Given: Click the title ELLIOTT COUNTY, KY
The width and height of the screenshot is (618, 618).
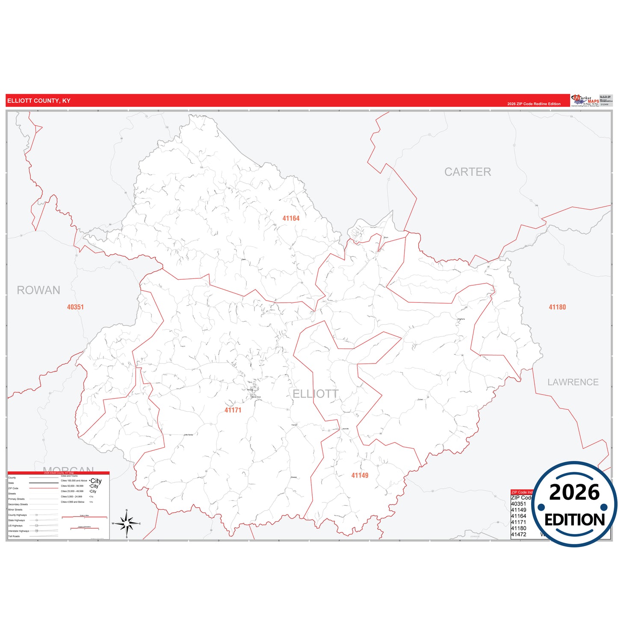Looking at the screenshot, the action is pyautogui.click(x=38, y=101).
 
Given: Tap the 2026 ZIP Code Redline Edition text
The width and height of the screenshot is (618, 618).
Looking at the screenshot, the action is pyautogui.click(x=534, y=104).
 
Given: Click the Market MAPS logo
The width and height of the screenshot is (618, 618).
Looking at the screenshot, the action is pyautogui.click(x=585, y=101).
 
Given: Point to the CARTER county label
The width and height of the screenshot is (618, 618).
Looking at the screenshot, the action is pyautogui.click(x=467, y=172).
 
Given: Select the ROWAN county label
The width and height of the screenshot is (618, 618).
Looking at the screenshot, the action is pyautogui.click(x=38, y=290).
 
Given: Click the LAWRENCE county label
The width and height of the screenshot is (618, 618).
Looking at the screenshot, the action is pyautogui.click(x=573, y=382).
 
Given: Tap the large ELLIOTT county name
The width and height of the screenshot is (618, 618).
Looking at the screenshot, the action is pyautogui.click(x=316, y=394).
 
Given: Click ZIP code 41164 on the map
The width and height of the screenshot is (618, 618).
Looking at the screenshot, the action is pyautogui.click(x=291, y=219).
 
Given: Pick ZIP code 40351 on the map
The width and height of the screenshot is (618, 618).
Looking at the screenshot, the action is pyautogui.click(x=75, y=307).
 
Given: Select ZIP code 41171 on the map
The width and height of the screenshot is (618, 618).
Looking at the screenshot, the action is pyautogui.click(x=233, y=410).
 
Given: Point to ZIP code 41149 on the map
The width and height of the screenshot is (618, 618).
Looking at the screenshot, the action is pyautogui.click(x=360, y=476).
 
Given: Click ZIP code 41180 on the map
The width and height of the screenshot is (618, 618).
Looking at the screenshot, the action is pyautogui.click(x=557, y=307).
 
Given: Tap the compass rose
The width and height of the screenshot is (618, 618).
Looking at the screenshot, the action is pyautogui.click(x=127, y=523).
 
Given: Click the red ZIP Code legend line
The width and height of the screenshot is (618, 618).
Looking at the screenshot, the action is pyautogui.click(x=43, y=488).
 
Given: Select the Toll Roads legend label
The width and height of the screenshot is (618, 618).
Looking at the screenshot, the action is pyautogui.click(x=14, y=536).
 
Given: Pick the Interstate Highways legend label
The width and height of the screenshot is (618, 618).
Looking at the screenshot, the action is pyautogui.click(x=18, y=531).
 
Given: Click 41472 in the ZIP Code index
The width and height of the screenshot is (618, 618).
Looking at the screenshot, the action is pyautogui.click(x=518, y=535).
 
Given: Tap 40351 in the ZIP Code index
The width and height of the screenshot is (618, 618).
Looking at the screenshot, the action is pyautogui.click(x=518, y=504).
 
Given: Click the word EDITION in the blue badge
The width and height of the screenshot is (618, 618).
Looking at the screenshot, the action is pyautogui.click(x=574, y=520).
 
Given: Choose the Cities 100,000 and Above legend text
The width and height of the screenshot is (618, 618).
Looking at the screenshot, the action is pyautogui.click(x=74, y=481).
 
